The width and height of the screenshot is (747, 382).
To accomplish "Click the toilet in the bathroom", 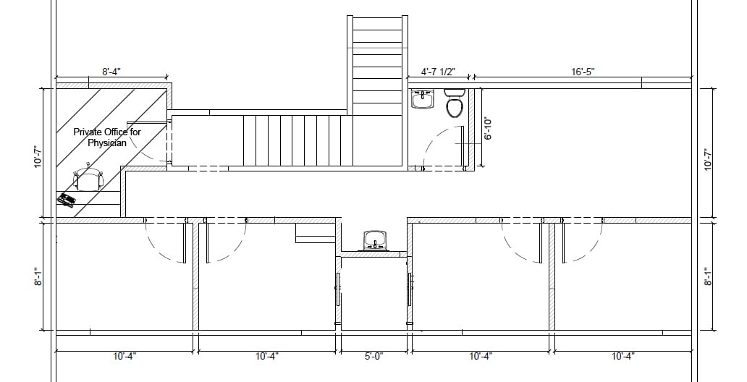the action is pos(454,103).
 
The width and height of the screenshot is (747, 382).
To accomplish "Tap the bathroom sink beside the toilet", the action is pos(423,99).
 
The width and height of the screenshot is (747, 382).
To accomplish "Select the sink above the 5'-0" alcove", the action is pos(376,240).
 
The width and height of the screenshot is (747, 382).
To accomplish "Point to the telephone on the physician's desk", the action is pos(67,199).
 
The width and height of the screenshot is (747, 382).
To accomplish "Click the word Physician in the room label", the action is pos(107,143).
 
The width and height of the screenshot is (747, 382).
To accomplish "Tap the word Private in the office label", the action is pos(88,132).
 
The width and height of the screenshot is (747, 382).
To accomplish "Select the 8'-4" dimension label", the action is pos(111,72).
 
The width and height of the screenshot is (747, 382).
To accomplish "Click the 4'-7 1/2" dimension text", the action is pos(439,72).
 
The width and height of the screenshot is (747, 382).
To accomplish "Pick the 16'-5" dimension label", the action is pos(583,72).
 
